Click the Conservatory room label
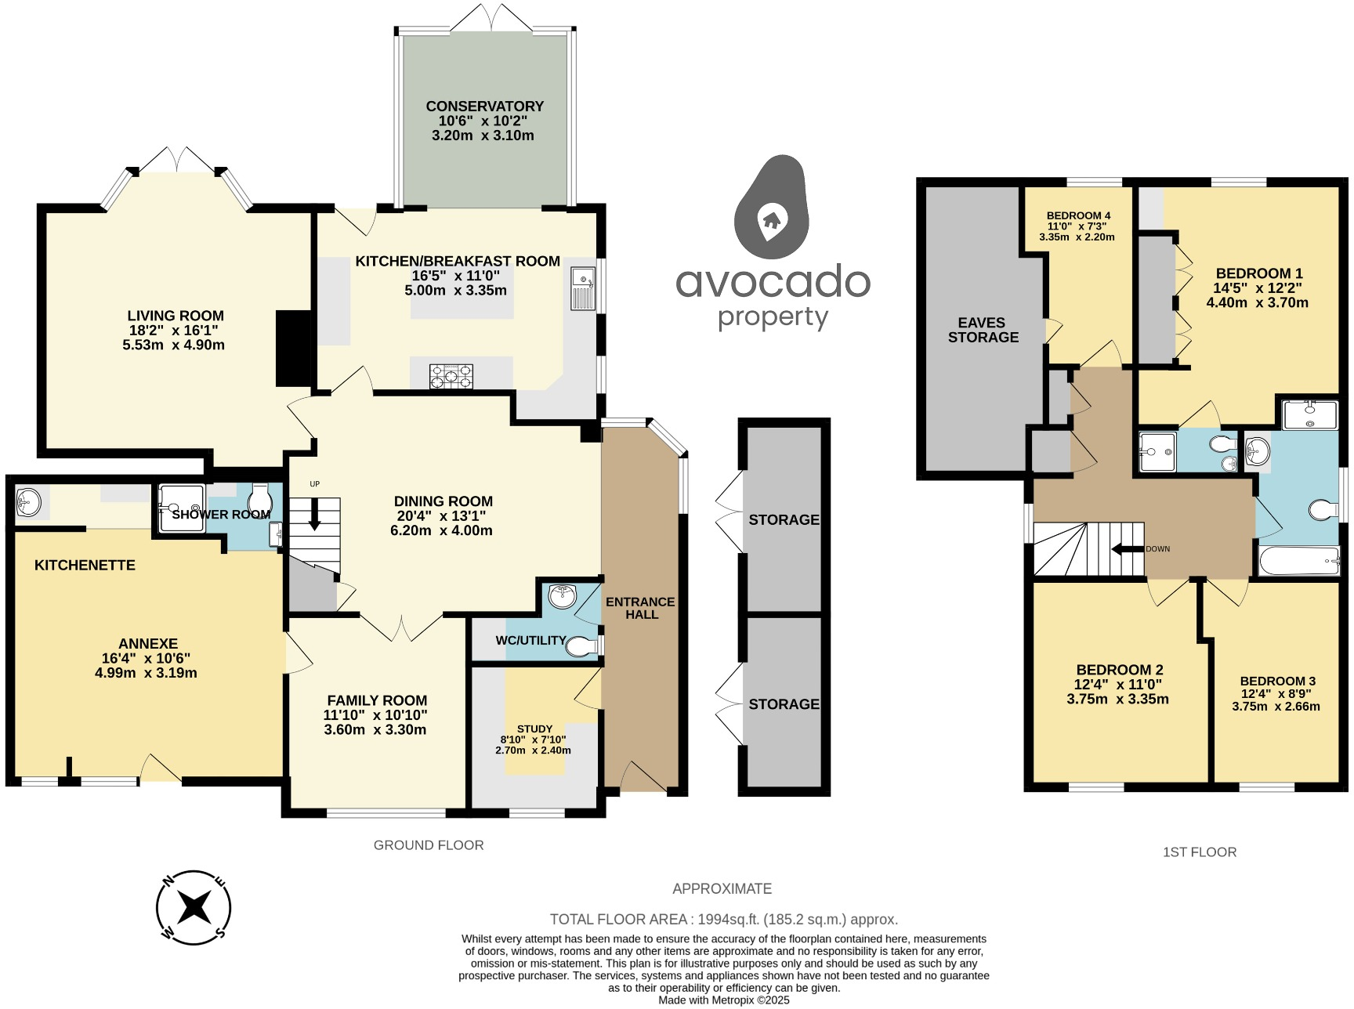(x=484, y=107)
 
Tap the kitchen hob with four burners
(x=451, y=376)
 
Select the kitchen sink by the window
(x=583, y=288)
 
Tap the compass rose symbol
(x=194, y=908)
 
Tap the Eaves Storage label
(x=983, y=330)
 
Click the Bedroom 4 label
(x=1078, y=215)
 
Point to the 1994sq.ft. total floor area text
(x=723, y=919)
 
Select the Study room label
(x=534, y=729)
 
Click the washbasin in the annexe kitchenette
(x=29, y=501)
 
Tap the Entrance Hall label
(x=640, y=608)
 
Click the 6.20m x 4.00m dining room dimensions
(x=443, y=530)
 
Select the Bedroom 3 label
(x=1277, y=681)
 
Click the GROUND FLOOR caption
(x=429, y=845)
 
